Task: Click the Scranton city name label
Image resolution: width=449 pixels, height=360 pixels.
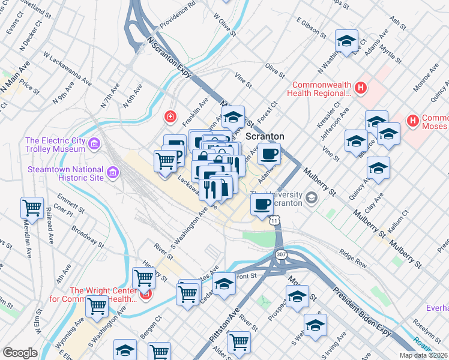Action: point(265,136)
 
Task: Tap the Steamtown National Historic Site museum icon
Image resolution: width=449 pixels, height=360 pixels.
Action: point(112,174)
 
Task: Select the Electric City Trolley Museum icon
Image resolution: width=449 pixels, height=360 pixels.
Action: point(94,144)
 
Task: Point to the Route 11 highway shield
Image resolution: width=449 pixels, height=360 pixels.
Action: point(274,221)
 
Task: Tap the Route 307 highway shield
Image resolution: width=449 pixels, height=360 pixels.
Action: point(281,255)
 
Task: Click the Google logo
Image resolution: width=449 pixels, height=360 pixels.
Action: point(20,353)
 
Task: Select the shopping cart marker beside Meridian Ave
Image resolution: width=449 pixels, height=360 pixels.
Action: point(32,208)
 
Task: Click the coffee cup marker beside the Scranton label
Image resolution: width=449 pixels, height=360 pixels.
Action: point(269,154)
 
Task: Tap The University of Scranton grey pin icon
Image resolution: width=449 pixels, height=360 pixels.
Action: point(311,197)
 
